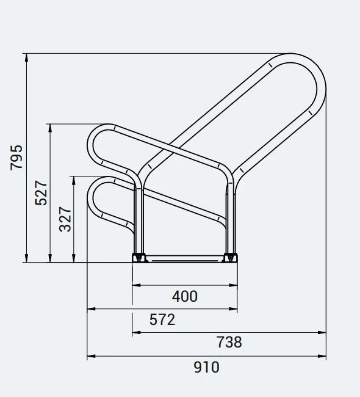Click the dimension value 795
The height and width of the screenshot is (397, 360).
pyautogui.click(x=16, y=157)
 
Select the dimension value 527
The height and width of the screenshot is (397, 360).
pyautogui.click(x=41, y=192)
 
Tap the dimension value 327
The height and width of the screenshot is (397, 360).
pyautogui.click(x=65, y=219)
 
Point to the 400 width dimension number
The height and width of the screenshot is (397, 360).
pyautogui.click(x=184, y=296)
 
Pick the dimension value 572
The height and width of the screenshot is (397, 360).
pyautogui.click(x=162, y=319)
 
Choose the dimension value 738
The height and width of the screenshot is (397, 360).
pyautogui.click(x=229, y=343)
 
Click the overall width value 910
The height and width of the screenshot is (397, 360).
pyautogui.click(x=206, y=367)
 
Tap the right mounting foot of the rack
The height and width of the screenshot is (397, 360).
pyautogui.click(x=231, y=258)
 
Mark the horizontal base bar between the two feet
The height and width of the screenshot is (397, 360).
pyautogui.click(x=185, y=259)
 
